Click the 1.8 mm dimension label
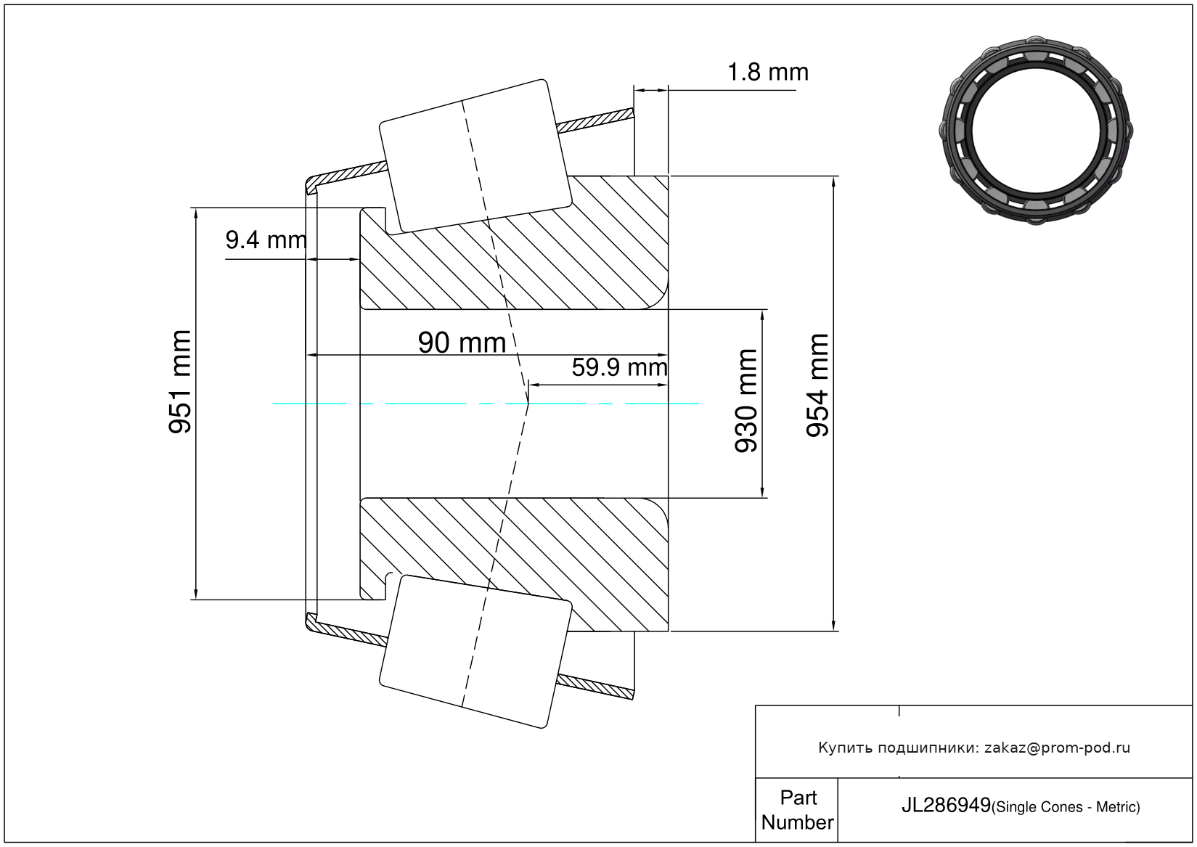pos(768,72)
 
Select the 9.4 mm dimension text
pos(266,240)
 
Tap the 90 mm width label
pos(462,343)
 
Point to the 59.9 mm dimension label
pos(619,368)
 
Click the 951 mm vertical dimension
pos(180,382)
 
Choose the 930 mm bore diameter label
pos(746,401)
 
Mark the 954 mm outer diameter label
pos(817,385)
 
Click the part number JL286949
pos(946,806)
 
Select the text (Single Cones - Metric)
pos(1066,807)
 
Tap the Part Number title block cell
pos(797,809)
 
